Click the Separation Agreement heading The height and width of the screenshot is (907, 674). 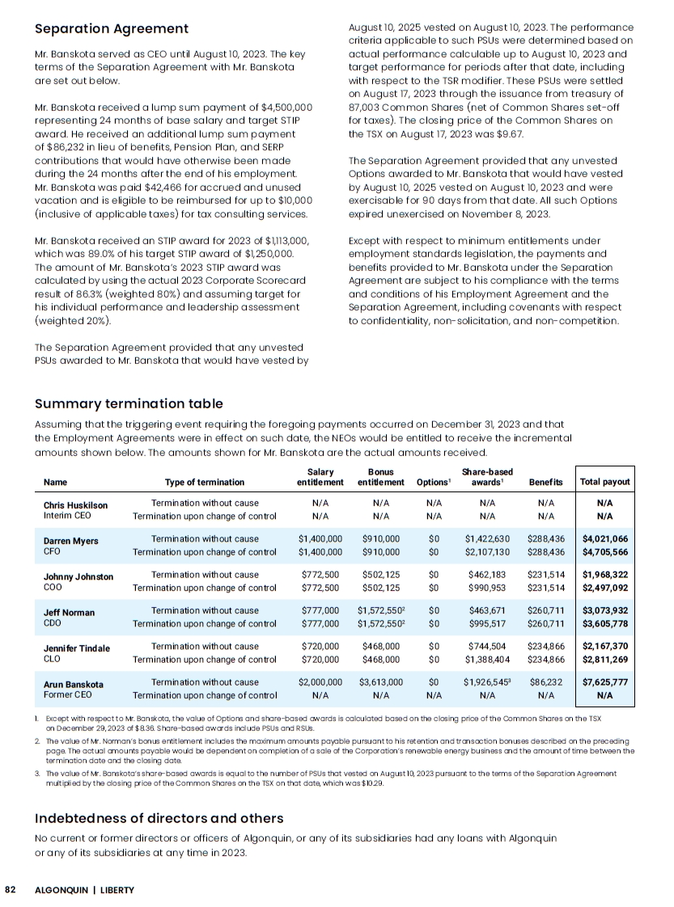click(x=112, y=29)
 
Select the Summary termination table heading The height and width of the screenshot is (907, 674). click(x=129, y=403)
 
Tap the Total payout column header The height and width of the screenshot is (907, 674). click(x=604, y=483)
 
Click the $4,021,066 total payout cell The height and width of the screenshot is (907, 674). click(x=604, y=539)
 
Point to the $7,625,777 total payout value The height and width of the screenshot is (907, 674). click(x=604, y=683)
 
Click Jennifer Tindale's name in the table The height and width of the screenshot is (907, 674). click(x=76, y=648)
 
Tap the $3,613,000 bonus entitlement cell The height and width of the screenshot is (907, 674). click(x=380, y=683)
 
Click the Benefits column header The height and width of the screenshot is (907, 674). click(x=545, y=483)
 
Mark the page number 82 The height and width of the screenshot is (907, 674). click(x=11, y=890)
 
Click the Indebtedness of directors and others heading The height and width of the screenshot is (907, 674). click(x=159, y=819)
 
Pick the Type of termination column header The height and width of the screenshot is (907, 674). click(x=204, y=483)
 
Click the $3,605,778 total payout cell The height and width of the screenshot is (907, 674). click(x=604, y=624)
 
